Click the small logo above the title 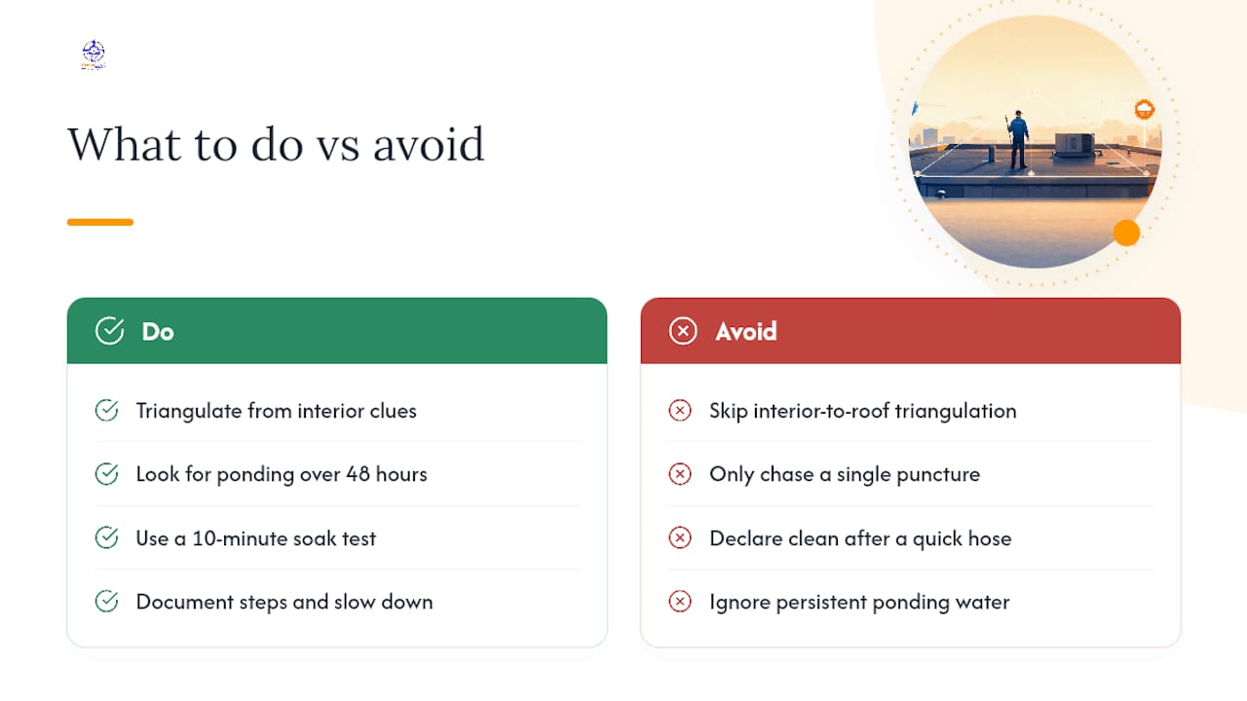point(93,55)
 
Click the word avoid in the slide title point(429,144)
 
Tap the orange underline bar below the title point(100,222)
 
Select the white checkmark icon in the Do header point(109,331)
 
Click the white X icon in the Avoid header point(683,331)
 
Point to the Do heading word point(158,332)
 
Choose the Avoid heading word point(746,332)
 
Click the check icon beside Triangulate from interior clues point(106,411)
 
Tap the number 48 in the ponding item point(358,474)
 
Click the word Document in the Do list point(185,602)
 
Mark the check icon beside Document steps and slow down point(106,602)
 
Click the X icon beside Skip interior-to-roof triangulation point(680,411)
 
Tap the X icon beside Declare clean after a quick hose point(680,538)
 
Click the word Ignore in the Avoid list point(739,603)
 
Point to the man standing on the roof point(1018,139)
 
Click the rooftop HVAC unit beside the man point(1076,146)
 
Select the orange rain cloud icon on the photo point(1144,110)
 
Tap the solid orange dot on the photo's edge point(1126,233)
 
